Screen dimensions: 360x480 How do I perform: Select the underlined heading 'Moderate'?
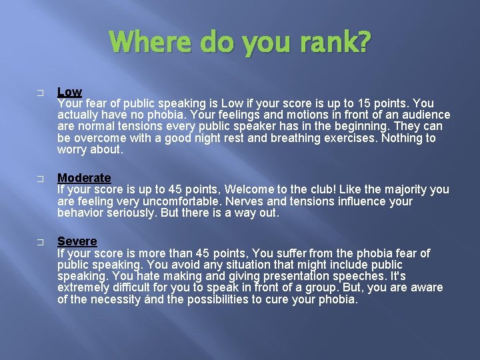tap(84, 178)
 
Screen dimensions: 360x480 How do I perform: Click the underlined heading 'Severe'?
tap(77, 241)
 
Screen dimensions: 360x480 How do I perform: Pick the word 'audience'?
tap(427, 115)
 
